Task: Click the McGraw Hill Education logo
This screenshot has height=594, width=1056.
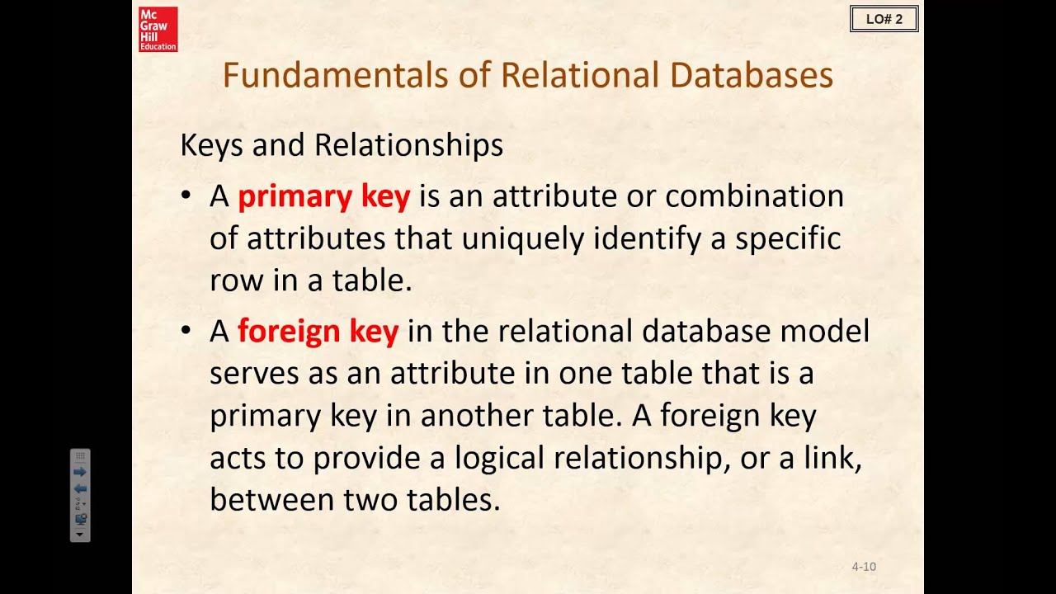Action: [158, 30]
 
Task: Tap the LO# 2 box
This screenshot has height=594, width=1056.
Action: [884, 19]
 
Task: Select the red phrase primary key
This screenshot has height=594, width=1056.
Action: [323, 196]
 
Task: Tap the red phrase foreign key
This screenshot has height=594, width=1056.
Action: [318, 331]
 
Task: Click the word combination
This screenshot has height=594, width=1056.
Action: [754, 196]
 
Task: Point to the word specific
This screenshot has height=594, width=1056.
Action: [788, 239]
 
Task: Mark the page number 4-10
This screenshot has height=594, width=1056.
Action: [864, 567]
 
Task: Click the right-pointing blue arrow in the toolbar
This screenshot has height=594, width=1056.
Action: [80, 472]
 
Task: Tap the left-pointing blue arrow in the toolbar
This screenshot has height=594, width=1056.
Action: [80, 488]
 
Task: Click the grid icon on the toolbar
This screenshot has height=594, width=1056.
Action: [80, 456]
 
